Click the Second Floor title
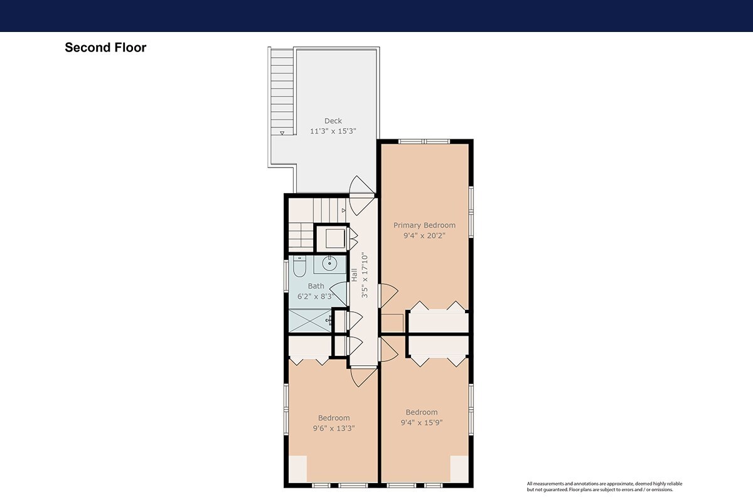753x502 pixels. (x=105, y=48)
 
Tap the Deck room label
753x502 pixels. (x=333, y=120)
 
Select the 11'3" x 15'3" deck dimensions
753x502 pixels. (x=333, y=131)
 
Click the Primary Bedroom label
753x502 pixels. (x=425, y=225)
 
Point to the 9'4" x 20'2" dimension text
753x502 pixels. (x=425, y=236)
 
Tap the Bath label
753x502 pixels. (x=316, y=286)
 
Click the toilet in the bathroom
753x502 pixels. (x=299, y=266)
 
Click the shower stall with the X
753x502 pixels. (x=310, y=321)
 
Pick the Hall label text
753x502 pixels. (x=355, y=275)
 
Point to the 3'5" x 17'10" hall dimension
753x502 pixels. (x=365, y=275)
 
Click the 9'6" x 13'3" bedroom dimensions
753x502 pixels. (x=334, y=429)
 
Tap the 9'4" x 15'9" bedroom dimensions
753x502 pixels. (x=422, y=423)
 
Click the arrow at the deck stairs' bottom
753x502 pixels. (x=282, y=133)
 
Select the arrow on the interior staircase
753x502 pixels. (x=344, y=210)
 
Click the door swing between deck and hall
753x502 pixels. (x=361, y=195)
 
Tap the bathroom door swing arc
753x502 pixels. (x=338, y=294)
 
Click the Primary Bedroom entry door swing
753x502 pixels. (x=388, y=296)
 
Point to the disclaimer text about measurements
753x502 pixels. (x=604, y=486)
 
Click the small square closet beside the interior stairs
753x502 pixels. (x=331, y=238)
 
